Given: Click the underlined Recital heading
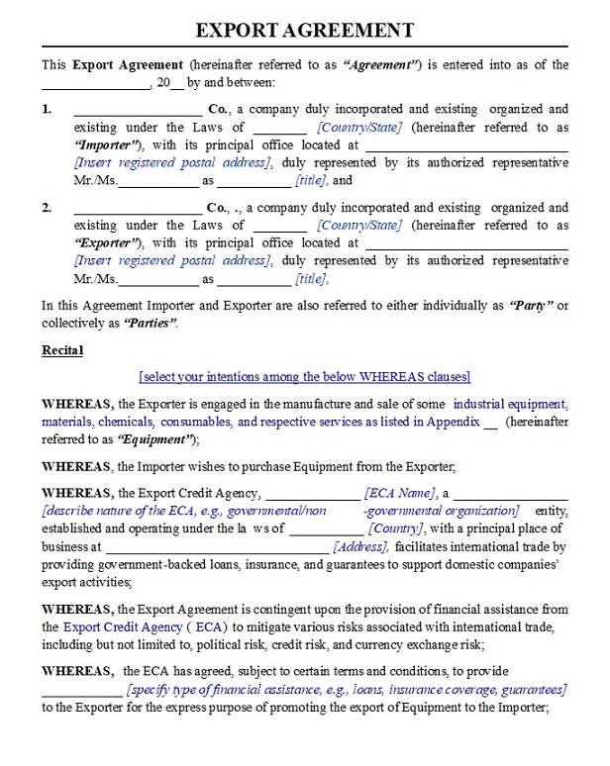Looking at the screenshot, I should click(62, 350).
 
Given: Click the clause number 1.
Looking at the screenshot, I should click(47, 109).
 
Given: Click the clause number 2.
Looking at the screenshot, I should click(47, 208).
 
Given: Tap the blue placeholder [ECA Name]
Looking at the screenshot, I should click(400, 493).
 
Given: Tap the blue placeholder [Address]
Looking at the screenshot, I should click(362, 546).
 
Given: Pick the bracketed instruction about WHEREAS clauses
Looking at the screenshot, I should click(305, 377).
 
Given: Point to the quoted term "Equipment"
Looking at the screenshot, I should click(156, 439).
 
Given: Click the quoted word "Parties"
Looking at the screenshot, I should click(150, 324).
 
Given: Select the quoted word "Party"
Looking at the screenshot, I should click(531, 306).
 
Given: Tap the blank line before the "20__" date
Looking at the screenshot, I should click(95, 83).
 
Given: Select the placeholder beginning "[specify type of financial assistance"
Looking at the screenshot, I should click(347, 690).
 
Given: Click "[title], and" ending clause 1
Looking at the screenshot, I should click(324, 181).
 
